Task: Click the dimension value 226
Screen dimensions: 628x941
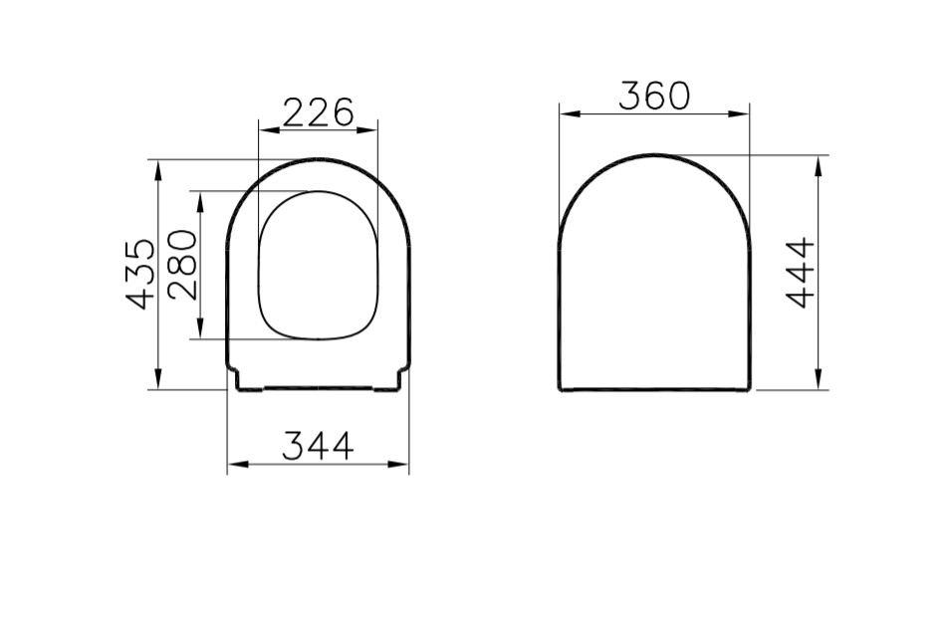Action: [319, 112]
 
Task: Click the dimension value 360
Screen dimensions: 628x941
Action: [653, 96]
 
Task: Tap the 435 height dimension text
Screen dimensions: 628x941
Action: [142, 274]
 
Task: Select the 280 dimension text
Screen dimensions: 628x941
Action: [184, 265]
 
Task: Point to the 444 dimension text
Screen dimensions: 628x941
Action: [801, 273]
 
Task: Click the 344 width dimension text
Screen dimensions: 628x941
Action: [318, 447]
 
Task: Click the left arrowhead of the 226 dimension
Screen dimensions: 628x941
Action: [263, 128]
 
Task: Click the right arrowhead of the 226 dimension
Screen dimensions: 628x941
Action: [374, 128]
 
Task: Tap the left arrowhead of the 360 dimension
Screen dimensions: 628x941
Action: [564, 112]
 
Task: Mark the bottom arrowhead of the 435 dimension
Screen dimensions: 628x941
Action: [157, 383]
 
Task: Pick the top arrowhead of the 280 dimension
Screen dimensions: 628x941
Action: [201, 197]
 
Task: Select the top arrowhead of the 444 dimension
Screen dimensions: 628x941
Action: [818, 161]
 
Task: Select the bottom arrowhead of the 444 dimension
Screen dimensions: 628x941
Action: [818, 383]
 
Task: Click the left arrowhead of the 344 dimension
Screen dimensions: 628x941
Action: [233, 464]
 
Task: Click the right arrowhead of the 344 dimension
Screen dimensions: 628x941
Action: [403, 464]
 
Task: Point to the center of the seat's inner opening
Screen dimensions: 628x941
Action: [319, 264]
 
